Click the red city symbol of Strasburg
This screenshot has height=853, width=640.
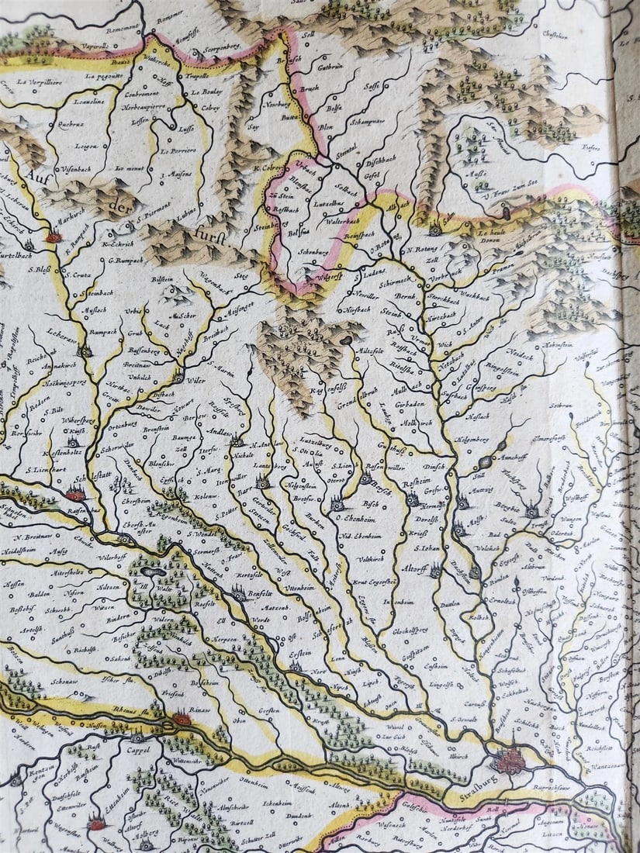tap(510, 759)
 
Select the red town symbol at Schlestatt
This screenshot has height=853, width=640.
tap(75, 494)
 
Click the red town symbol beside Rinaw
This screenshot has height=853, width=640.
tap(182, 719)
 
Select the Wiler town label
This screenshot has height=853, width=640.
tap(195, 382)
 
